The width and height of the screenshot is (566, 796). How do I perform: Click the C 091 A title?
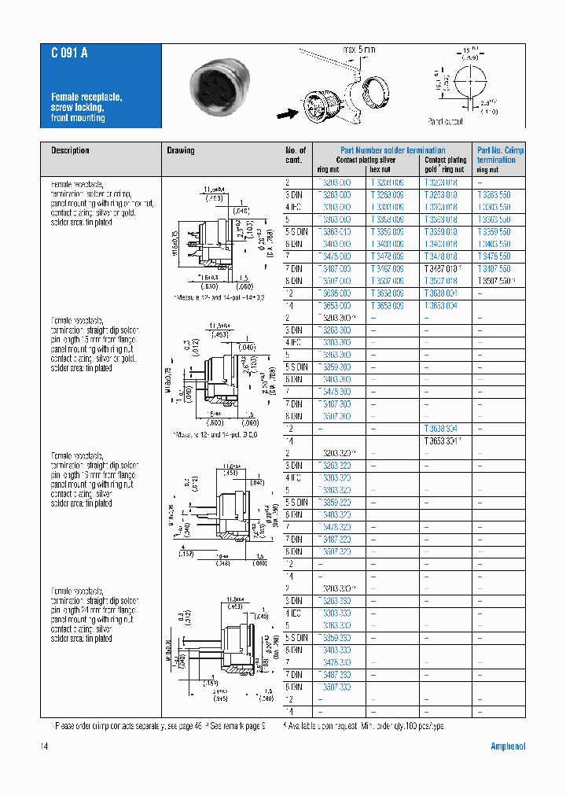pos(69,53)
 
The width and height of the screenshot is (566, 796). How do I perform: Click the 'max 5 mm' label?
pos(358,50)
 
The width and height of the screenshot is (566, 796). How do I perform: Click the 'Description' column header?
pos(70,150)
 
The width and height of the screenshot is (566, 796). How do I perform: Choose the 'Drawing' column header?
pos(180,150)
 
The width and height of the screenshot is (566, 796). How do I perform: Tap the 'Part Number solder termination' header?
pos(392,150)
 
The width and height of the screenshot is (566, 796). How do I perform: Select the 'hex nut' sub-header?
pos(380,169)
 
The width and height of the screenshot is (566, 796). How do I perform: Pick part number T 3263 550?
pos(494,195)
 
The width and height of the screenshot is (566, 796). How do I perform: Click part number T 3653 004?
pos(440,305)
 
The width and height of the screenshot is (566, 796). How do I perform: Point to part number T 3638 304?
pos(440,428)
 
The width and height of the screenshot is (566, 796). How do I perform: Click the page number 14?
pos(45,746)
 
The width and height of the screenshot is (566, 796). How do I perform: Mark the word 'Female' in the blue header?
pos(64,97)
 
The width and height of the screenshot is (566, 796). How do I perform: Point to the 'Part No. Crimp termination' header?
pos(500,155)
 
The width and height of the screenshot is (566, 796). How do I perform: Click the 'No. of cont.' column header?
pos(296,155)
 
